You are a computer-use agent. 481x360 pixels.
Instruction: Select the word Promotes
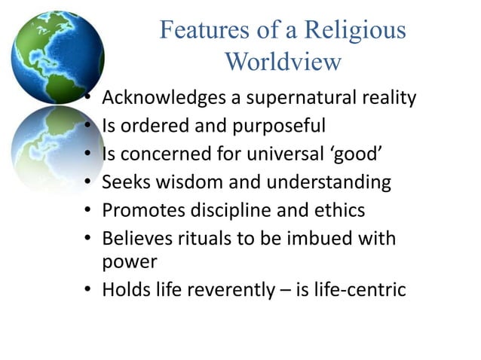pos(139,210)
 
